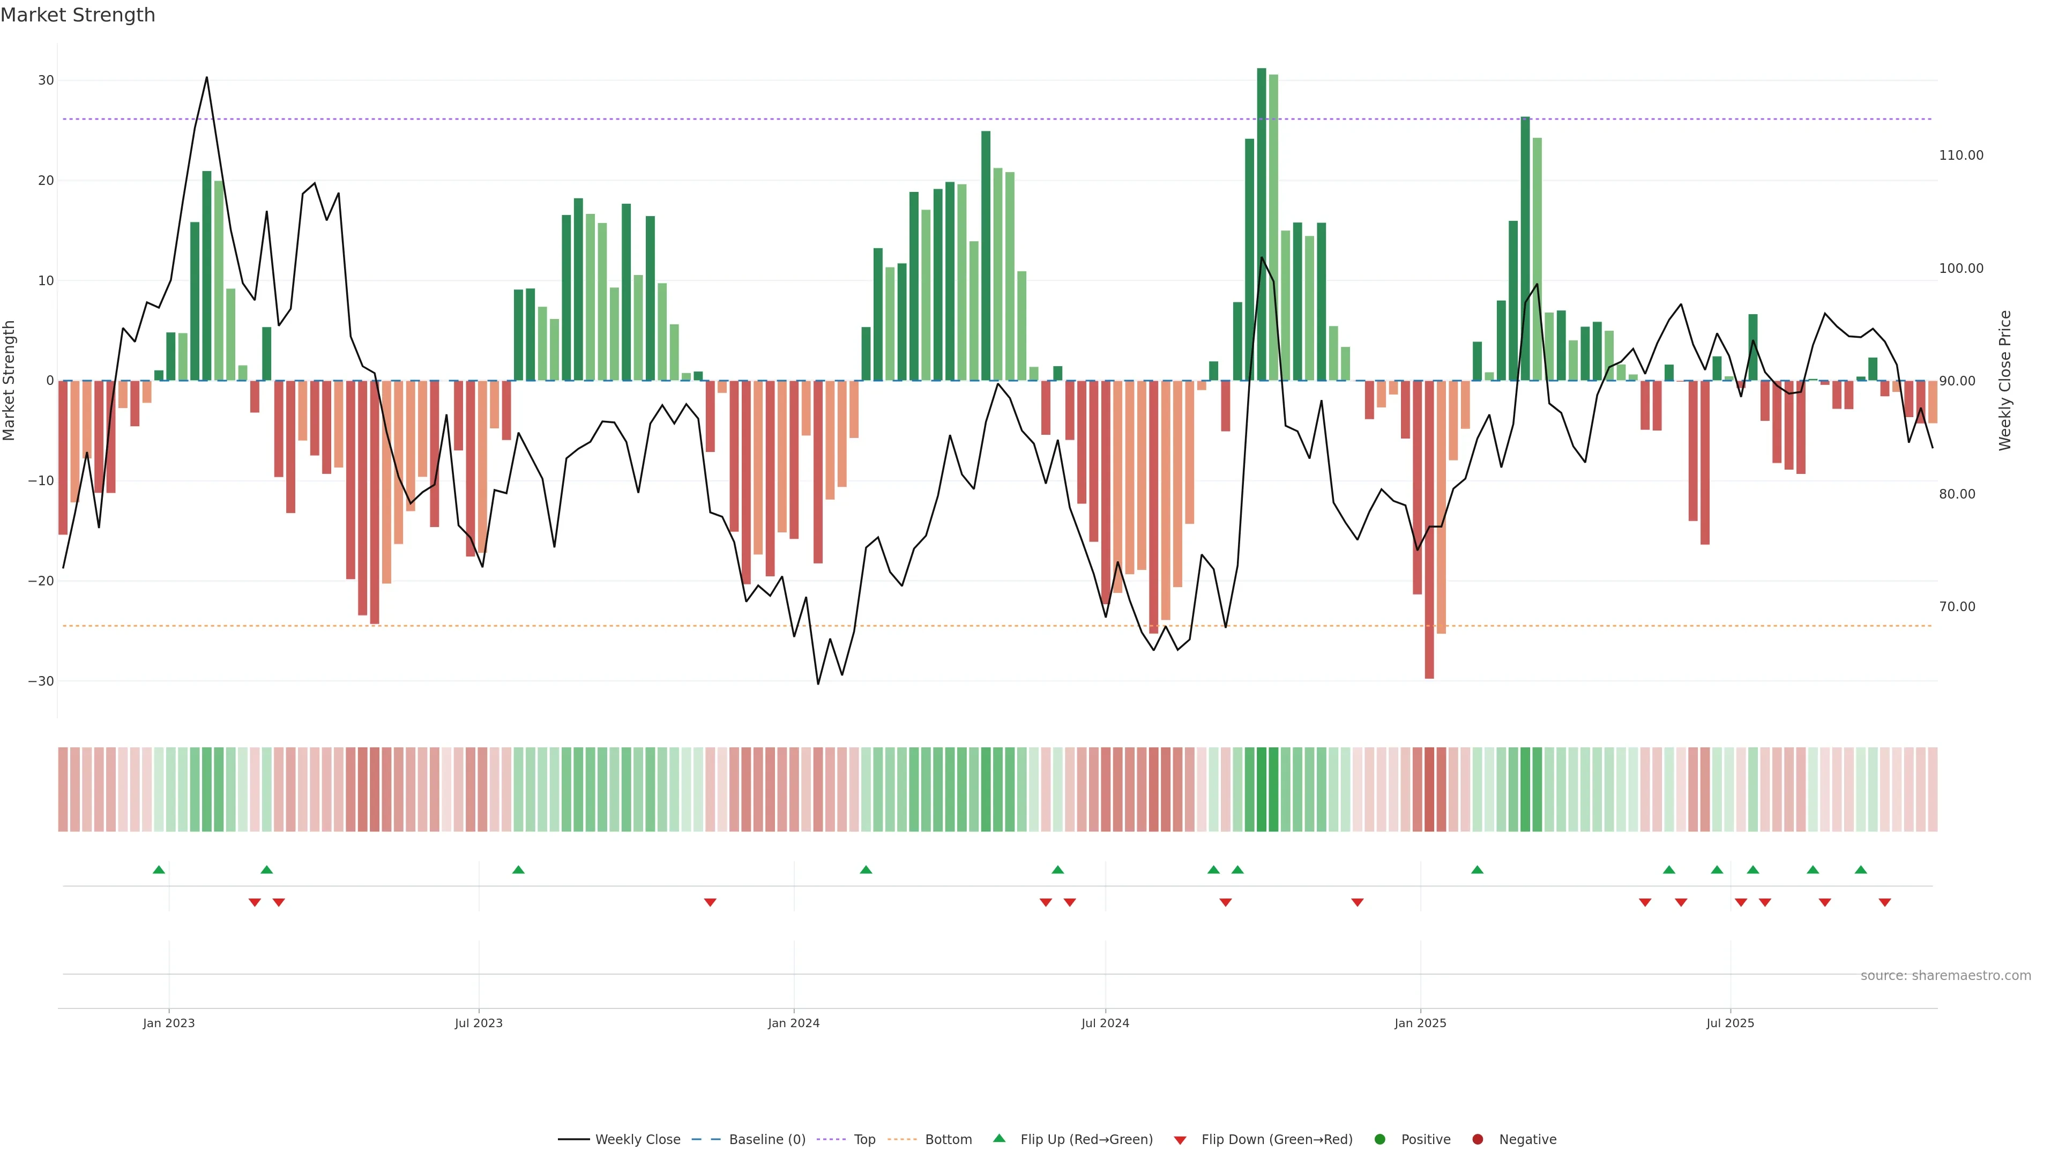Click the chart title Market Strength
(78, 15)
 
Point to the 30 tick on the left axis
(46, 81)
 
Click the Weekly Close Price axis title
(2005, 381)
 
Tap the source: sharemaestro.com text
(1945, 976)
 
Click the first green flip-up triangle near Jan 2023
(159, 870)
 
